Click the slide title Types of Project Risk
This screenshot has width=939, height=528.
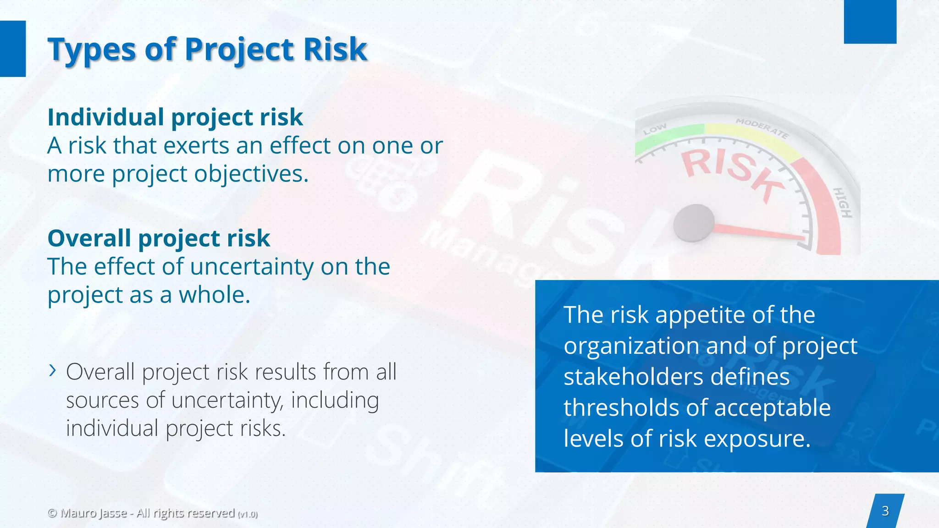click(207, 49)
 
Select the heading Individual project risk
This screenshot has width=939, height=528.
click(175, 117)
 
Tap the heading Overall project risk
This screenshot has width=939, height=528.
click(159, 238)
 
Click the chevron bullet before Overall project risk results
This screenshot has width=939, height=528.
click(53, 370)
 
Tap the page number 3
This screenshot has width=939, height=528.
click(885, 511)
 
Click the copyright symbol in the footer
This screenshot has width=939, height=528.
click(52, 513)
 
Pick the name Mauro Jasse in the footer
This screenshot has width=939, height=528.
click(94, 513)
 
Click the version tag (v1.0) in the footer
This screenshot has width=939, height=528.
click(248, 514)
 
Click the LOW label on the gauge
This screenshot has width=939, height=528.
click(655, 130)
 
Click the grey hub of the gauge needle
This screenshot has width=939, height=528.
click(694, 223)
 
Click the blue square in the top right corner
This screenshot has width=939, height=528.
click(870, 22)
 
